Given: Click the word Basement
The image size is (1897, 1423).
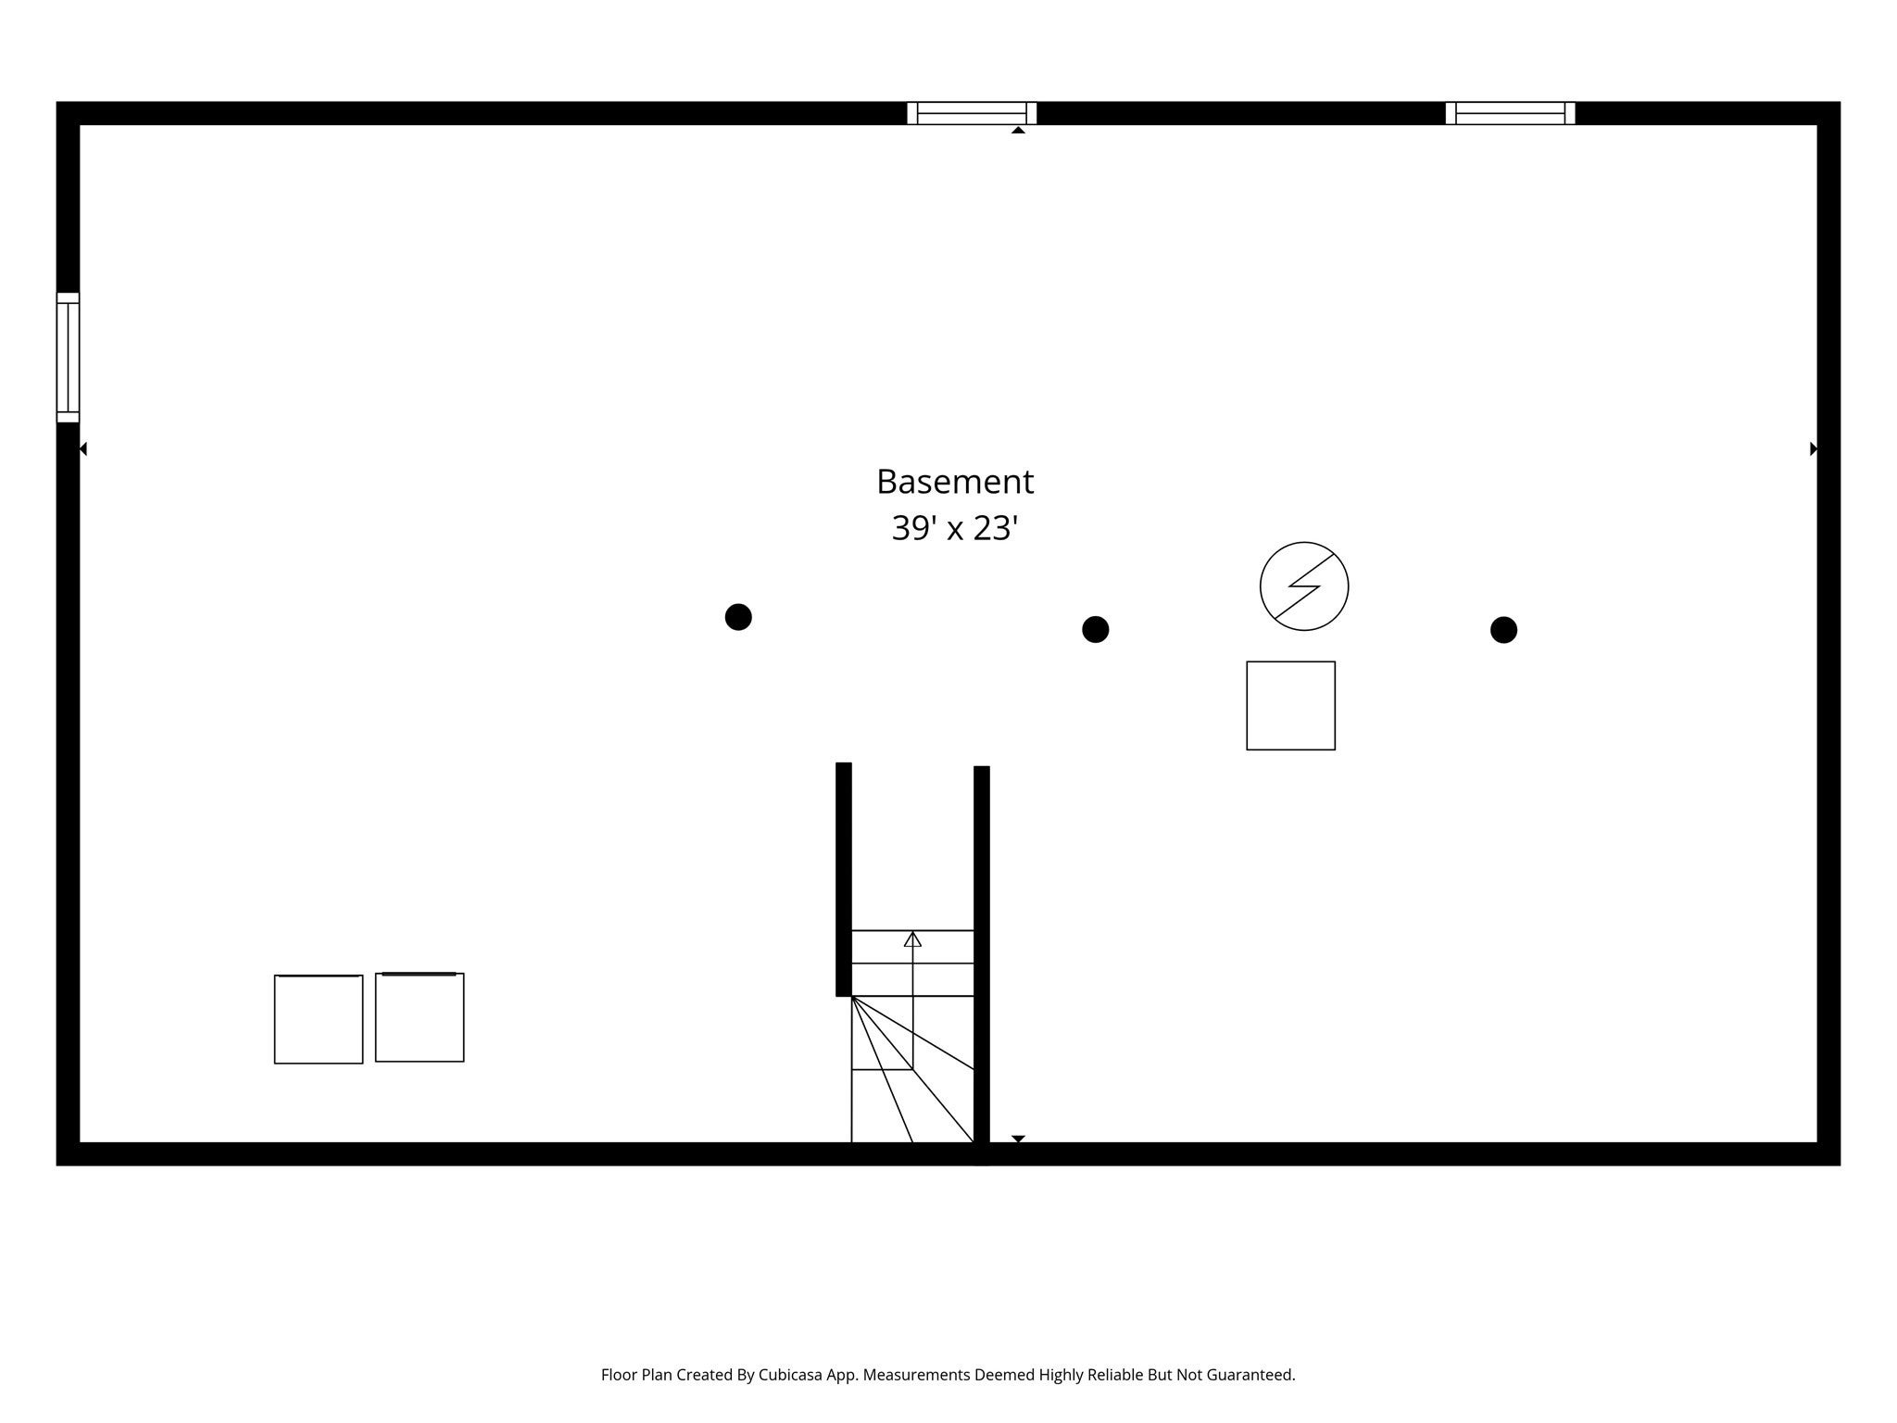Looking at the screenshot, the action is coord(955,482).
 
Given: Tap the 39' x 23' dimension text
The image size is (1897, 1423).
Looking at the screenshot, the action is coord(955,528).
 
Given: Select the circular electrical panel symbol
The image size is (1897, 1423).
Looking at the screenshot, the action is coord(1304,586).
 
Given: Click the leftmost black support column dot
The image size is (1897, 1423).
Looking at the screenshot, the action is coord(738,617).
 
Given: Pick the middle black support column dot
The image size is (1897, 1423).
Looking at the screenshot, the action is coord(1096,630).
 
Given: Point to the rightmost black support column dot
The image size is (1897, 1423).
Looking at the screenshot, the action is coord(1503,630).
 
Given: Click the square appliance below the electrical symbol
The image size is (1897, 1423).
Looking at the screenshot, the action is coord(1290,706).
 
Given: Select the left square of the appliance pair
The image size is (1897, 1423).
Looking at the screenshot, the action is coord(319,1019).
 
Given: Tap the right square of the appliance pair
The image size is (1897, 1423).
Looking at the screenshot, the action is coord(420,1017).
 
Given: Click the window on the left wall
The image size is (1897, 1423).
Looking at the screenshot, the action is coord(68,358).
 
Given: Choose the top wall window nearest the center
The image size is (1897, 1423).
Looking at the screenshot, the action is coord(972,113).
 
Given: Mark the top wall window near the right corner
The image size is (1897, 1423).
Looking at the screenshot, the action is coord(1511,113).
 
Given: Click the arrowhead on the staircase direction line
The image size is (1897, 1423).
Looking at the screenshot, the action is coord(912,938).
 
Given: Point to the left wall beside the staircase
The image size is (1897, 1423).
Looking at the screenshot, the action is coord(844,879).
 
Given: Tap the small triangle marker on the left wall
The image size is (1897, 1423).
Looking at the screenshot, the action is coord(83,449).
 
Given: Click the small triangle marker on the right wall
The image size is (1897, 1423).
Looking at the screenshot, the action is coord(1814,449).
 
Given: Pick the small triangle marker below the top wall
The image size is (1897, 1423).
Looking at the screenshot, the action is coord(1018,130).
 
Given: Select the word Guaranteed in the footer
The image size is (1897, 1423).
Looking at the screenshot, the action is coord(1251,1375).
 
